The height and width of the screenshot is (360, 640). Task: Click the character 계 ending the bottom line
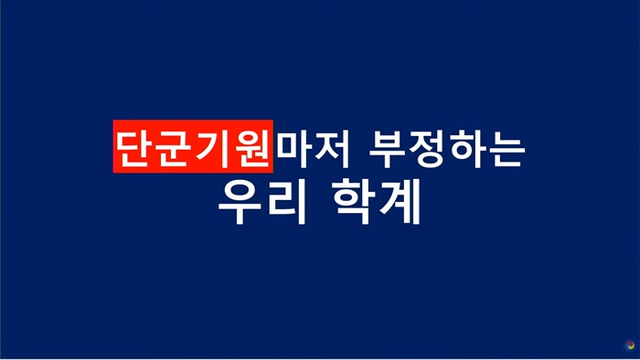point(398,204)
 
